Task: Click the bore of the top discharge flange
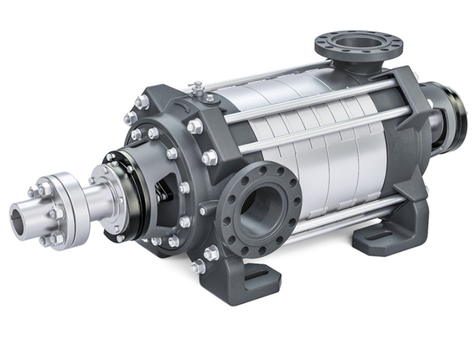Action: tap(358, 44)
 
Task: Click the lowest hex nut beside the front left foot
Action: tap(198, 267)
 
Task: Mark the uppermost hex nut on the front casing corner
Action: tap(139, 102)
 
